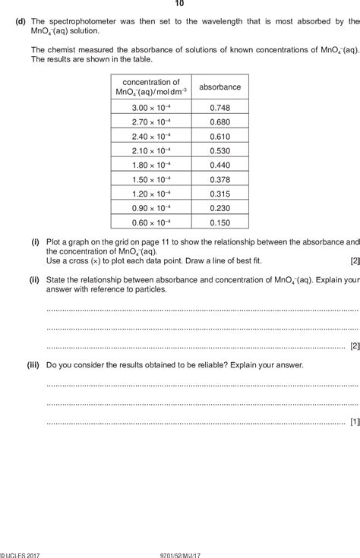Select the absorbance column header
219,87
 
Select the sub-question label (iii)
33,365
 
